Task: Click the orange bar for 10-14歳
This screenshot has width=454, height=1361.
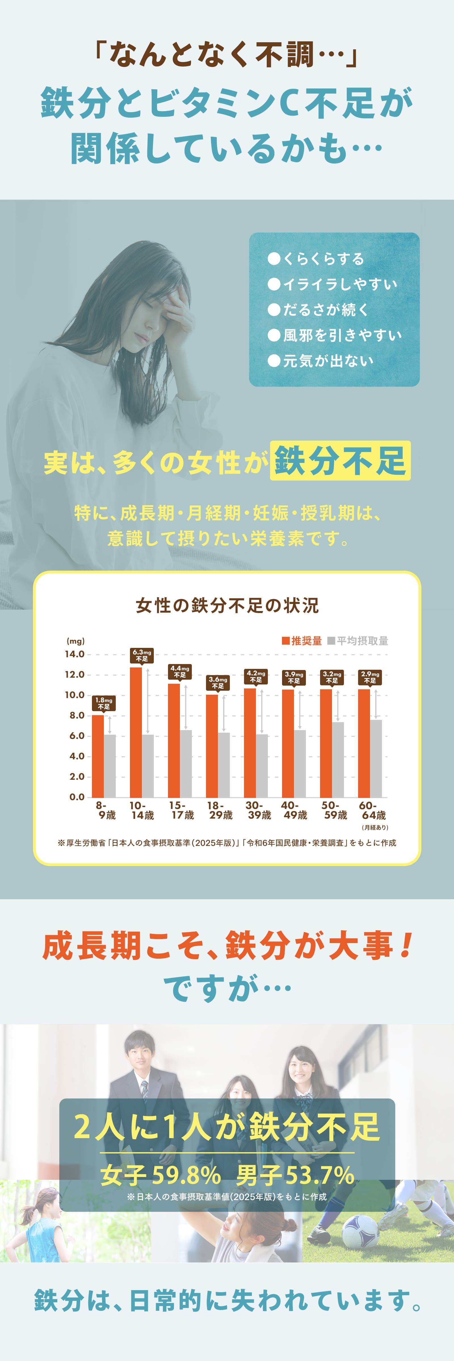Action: (136, 732)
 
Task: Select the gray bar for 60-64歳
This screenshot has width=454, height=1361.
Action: (376, 759)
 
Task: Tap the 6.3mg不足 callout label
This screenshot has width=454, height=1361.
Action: (142, 656)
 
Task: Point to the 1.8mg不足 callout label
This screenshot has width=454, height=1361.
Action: (104, 703)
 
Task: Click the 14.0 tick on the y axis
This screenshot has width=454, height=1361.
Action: (75, 654)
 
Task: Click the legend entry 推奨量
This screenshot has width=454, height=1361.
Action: (302, 641)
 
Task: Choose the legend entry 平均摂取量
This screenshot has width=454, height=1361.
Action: (358, 641)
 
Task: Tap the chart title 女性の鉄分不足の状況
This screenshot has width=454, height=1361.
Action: (227, 605)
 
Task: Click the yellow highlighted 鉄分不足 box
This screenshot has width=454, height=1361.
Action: (340, 461)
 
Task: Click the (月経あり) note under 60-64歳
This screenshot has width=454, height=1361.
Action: (375, 827)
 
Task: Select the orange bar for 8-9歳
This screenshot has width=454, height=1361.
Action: (98, 756)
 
